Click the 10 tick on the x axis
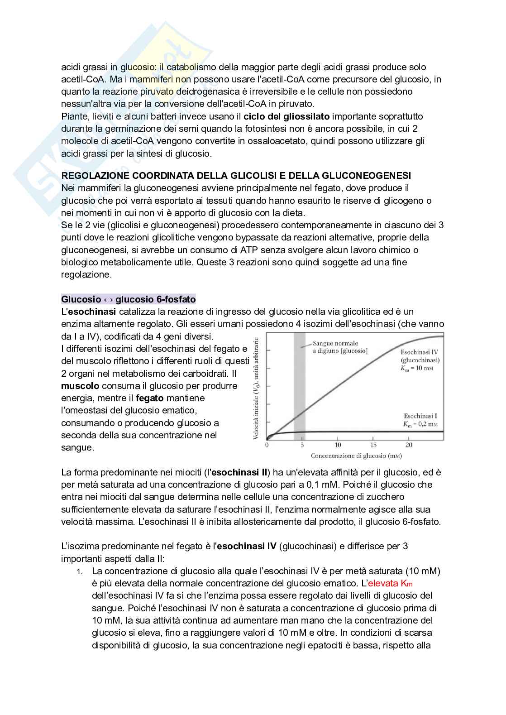pos(338,445)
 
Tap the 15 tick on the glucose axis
pos(373,445)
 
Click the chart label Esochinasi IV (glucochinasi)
pos(420,356)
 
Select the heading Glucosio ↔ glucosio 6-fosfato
pos(128,299)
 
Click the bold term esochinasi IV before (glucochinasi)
pos(246,546)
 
